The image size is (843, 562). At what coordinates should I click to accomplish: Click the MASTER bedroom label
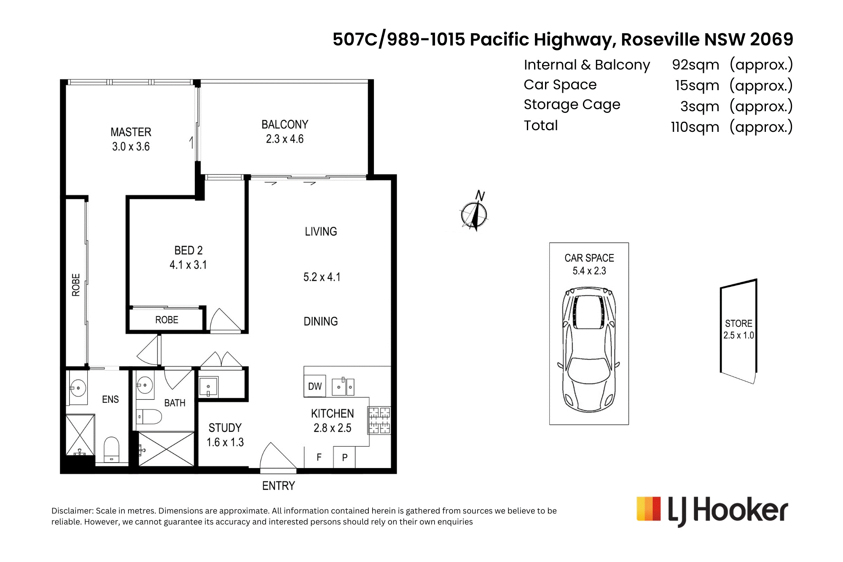click(x=131, y=132)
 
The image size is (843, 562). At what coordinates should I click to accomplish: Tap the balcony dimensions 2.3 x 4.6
click(x=285, y=139)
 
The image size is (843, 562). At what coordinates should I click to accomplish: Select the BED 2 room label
click(x=188, y=251)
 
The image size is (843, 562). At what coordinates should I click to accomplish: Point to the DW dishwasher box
click(x=315, y=386)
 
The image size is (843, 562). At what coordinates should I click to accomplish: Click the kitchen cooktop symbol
click(x=379, y=420)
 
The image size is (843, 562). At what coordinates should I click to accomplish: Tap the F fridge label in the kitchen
click(x=319, y=457)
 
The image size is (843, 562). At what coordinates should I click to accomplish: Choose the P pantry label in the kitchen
click(x=345, y=458)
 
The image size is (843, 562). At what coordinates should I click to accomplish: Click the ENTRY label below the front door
click(x=278, y=486)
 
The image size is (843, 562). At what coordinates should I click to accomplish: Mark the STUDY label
click(x=225, y=428)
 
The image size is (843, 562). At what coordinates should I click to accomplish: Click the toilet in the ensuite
click(x=112, y=450)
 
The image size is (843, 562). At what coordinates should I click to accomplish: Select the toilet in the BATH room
click(x=149, y=417)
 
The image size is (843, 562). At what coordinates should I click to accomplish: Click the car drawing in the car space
click(x=589, y=349)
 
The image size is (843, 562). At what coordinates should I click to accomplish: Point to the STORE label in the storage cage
click(x=738, y=324)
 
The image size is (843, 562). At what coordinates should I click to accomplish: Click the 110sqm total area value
click(x=695, y=127)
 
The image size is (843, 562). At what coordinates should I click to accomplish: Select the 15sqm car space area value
click(x=697, y=86)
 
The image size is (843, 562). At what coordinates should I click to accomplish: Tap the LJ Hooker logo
click(x=712, y=511)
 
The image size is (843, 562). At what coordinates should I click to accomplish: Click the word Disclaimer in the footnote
click(x=72, y=511)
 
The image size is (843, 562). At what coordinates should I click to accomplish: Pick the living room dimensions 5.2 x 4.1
click(x=322, y=277)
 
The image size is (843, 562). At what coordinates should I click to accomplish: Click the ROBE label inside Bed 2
click(x=166, y=320)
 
